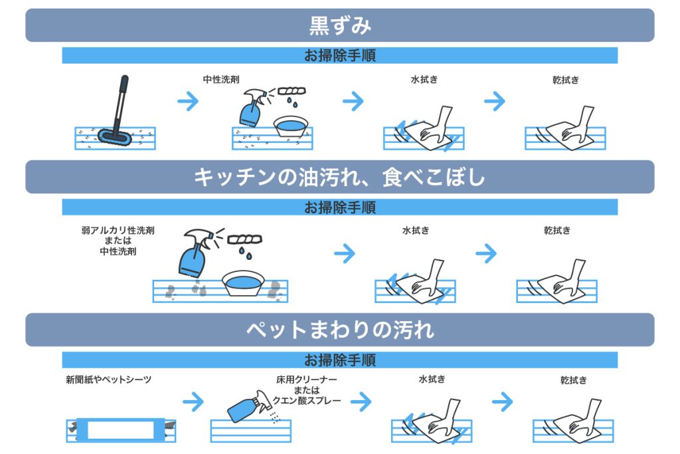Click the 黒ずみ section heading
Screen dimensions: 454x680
pos(339,25)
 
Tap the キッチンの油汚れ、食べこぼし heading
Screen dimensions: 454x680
pos(339,177)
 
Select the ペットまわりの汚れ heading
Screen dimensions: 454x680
pos(339,329)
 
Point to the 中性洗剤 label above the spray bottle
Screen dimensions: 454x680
pos(221,79)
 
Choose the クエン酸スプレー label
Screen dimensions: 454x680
pos(307,400)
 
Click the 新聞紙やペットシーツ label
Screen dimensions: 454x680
pos(109,380)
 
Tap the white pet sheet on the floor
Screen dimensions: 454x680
pos(116,429)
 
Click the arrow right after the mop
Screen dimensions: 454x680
pos(189,101)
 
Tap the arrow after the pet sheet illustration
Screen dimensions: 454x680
pos(193,401)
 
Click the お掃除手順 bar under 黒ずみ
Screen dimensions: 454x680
pos(339,56)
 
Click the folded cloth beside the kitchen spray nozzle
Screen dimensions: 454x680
pos(244,238)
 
